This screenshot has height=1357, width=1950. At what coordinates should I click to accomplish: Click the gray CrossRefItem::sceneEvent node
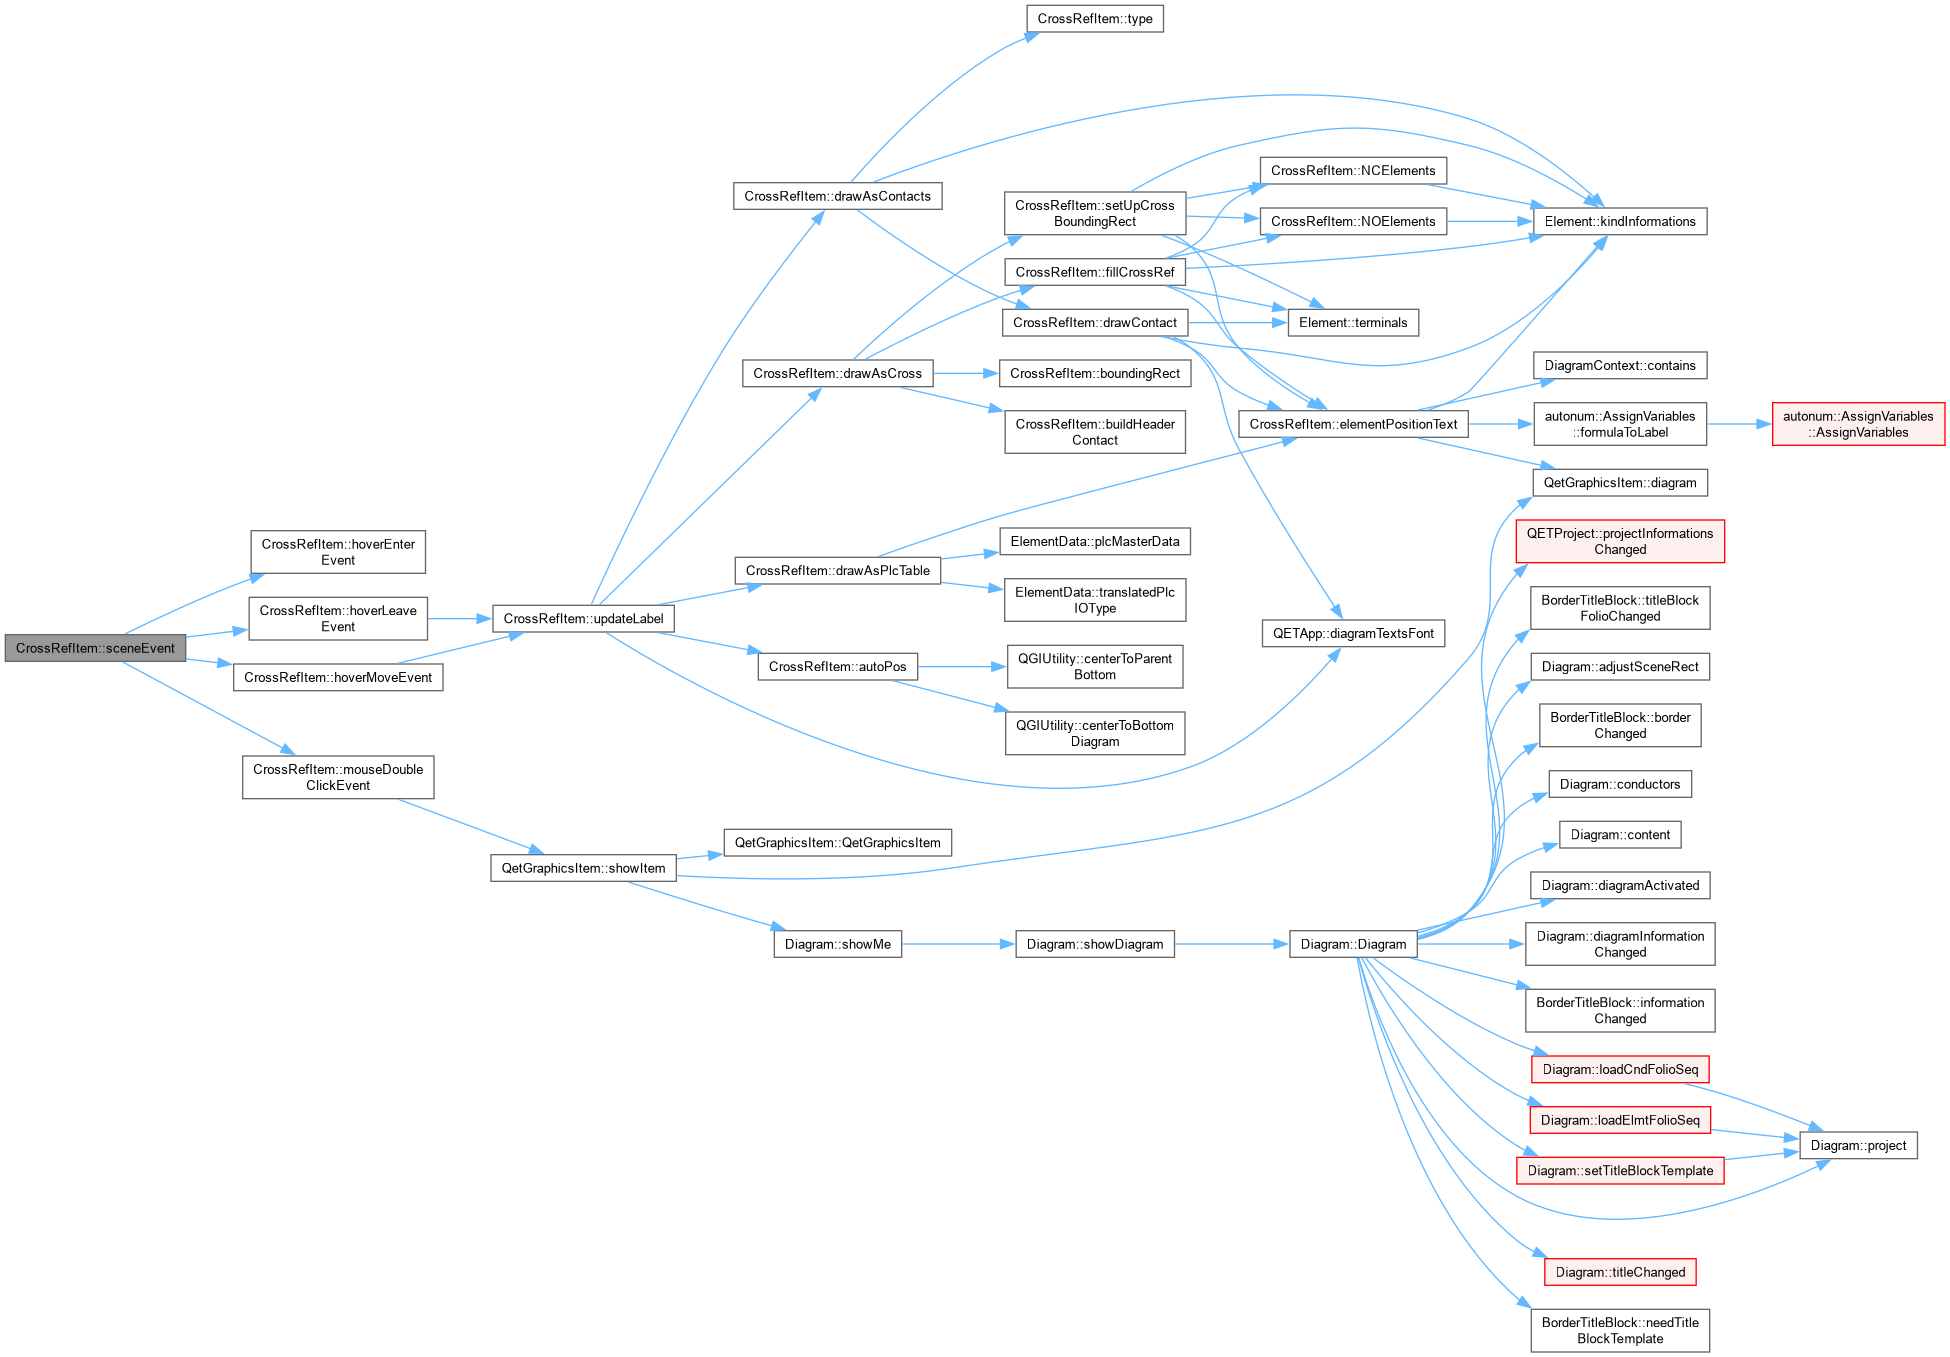[x=95, y=648]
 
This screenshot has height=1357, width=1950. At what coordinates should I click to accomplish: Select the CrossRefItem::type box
[x=1095, y=19]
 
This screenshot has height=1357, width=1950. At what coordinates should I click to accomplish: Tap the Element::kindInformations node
[x=1620, y=222]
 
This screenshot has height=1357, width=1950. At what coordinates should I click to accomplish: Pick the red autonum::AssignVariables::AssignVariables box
[x=1858, y=424]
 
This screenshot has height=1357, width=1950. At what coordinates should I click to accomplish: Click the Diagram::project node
[x=1858, y=1146]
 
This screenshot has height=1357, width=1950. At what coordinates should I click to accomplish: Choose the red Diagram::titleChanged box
[x=1620, y=1272]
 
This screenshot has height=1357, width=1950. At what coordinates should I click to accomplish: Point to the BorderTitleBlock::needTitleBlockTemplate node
[x=1620, y=1331]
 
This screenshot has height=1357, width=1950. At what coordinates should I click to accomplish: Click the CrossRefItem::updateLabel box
[x=583, y=619]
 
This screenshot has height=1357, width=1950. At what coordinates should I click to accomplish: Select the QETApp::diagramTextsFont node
[x=1353, y=633]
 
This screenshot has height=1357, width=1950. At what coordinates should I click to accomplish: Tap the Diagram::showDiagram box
[x=1095, y=944]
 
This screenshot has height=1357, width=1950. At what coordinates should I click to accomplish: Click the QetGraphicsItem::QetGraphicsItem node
[x=838, y=843]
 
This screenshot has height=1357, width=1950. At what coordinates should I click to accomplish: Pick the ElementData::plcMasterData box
[x=1095, y=542]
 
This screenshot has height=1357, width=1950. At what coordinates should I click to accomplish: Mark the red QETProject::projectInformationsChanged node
[x=1620, y=541]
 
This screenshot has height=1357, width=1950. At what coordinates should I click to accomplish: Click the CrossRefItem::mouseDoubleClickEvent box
[x=338, y=777]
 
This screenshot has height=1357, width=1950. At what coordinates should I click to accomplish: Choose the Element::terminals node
[x=1353, y=323]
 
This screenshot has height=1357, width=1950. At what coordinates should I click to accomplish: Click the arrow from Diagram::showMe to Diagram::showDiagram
[x=958, y=944]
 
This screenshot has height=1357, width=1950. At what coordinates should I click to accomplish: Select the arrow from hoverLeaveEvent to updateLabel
[x=460, y=619]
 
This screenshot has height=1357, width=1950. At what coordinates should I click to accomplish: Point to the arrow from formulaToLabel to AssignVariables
[x=1739, y=424]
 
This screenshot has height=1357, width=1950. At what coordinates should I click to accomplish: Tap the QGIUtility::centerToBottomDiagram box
[x=1095, y=733]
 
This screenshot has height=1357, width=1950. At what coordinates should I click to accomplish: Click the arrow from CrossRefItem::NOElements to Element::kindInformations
[x=1490, y=222]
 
